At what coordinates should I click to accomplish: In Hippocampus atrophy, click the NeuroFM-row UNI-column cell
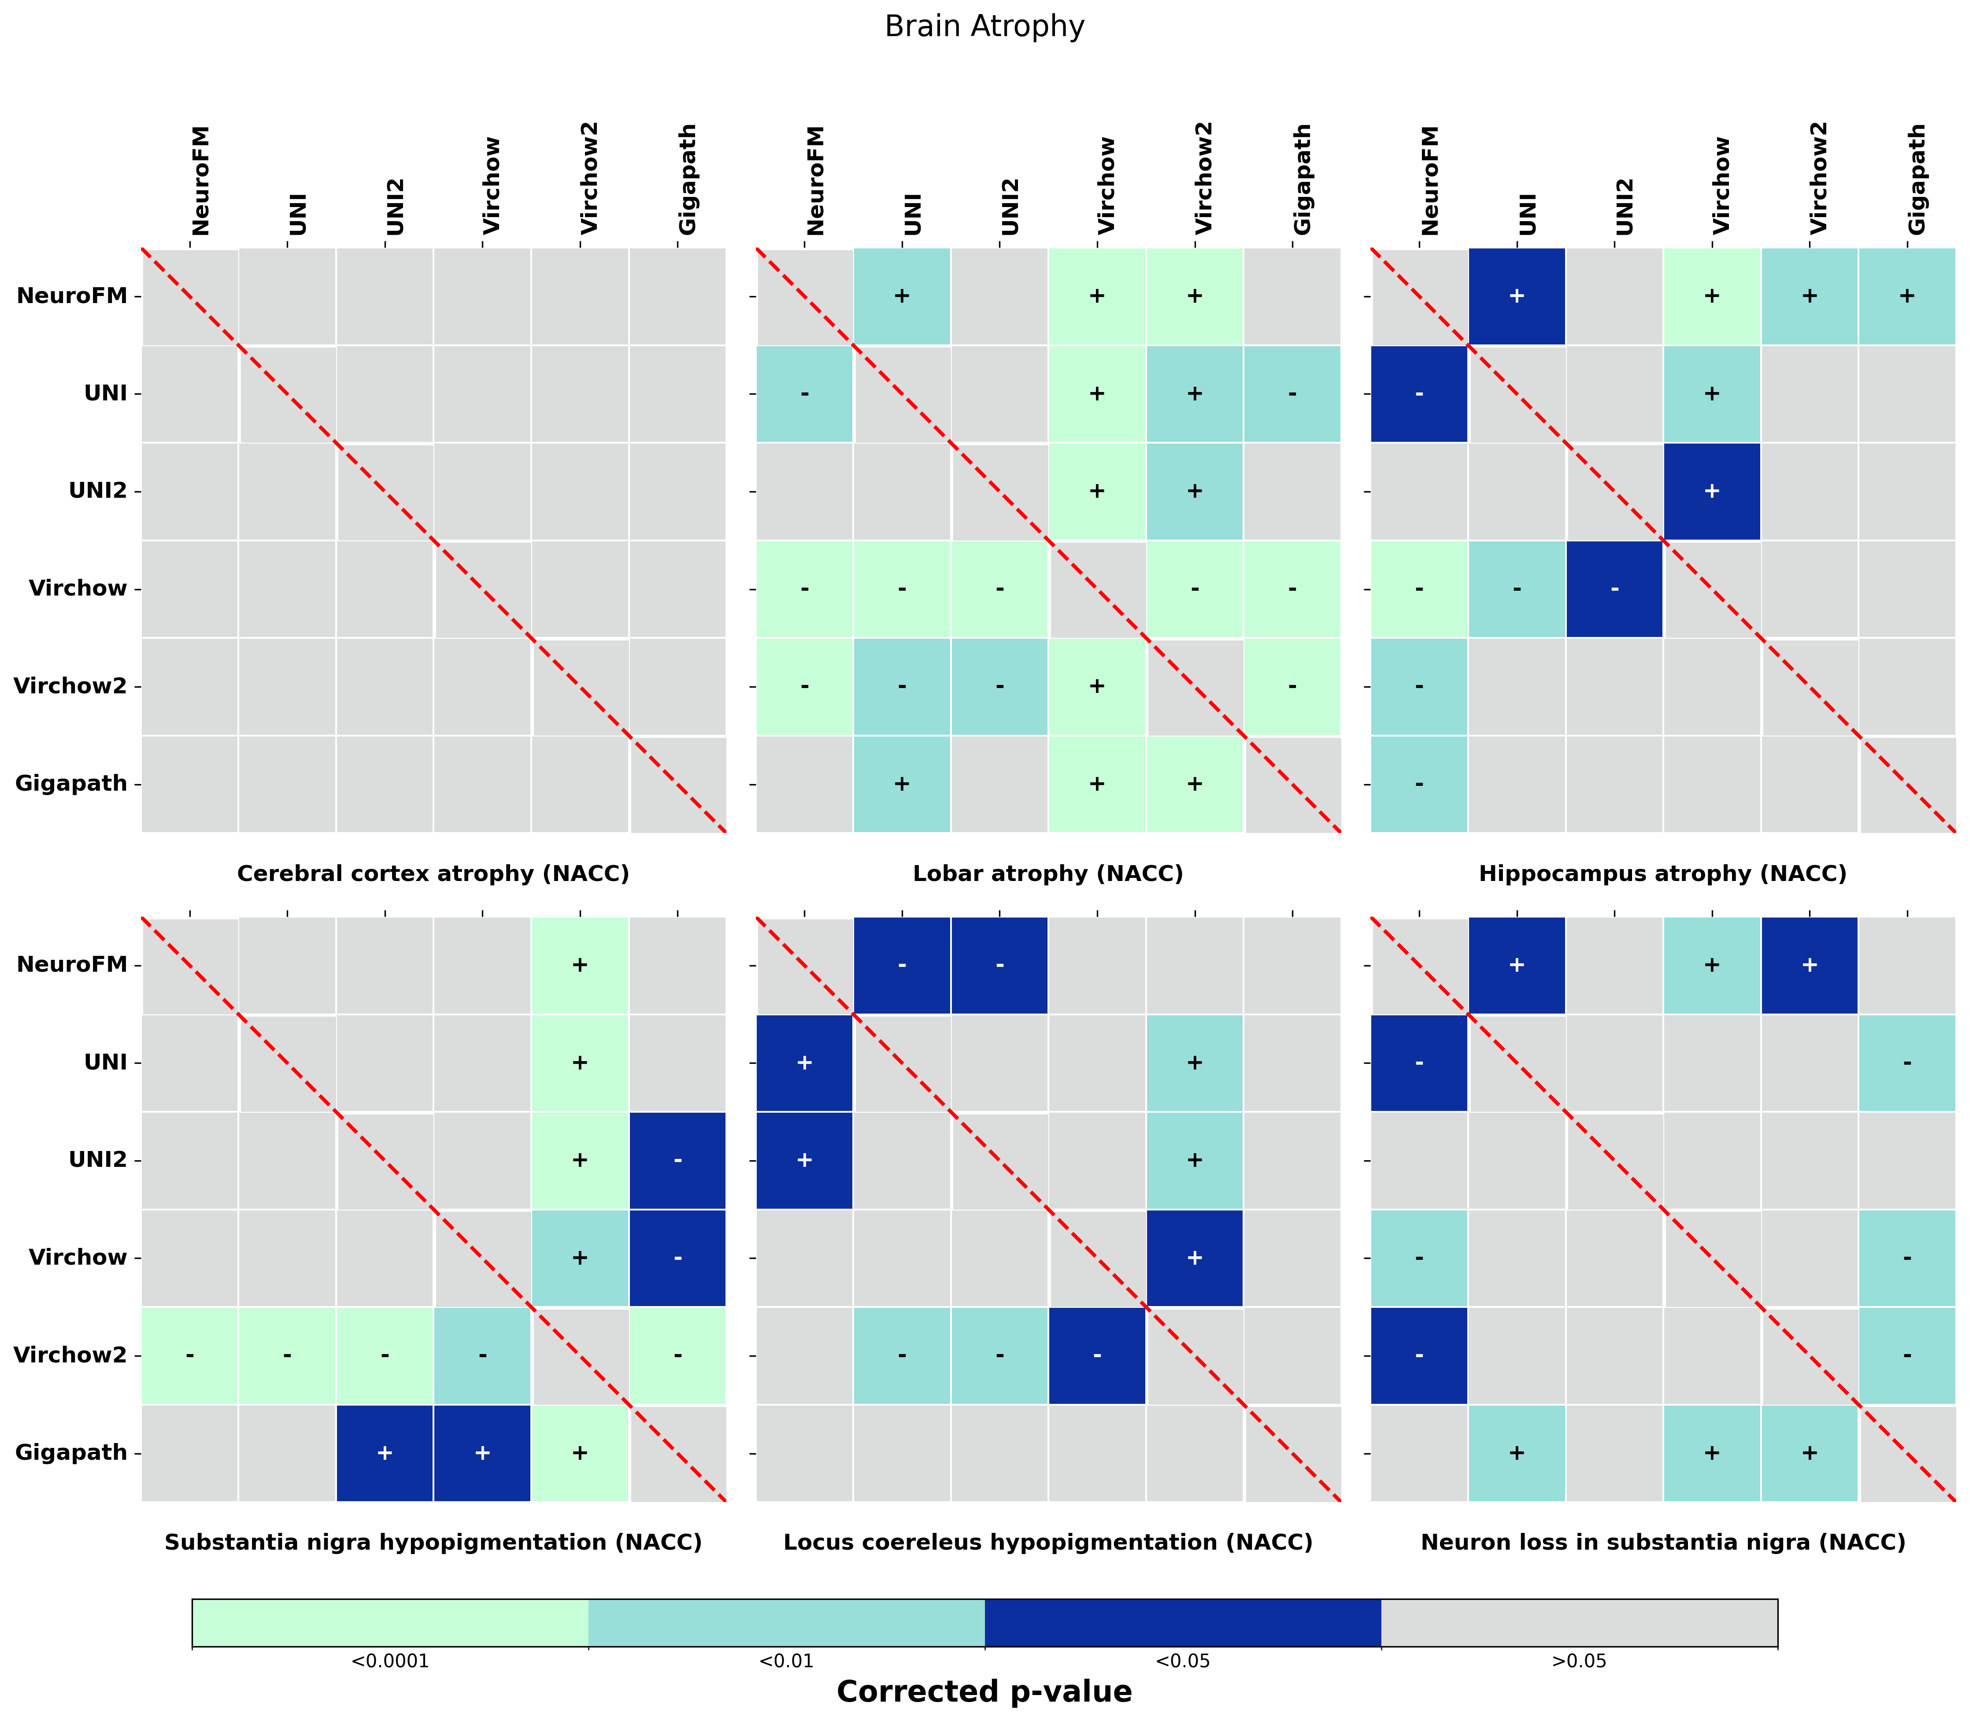pyautogui.click(x=1517, y=296)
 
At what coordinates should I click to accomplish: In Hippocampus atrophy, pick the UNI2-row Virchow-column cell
pyautogui.click(x=1712, y=491)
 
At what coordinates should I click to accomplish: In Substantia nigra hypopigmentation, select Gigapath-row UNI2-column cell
pyautogui.click(x=384, y=1452)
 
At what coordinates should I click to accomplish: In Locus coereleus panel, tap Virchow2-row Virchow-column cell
pyautogui.click(x=1097, y=1355)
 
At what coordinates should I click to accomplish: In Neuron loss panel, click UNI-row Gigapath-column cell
pyautogui.click(x=1906, y=1062)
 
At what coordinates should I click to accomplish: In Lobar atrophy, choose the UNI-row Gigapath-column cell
pyautogui.click(x=1292, y=394)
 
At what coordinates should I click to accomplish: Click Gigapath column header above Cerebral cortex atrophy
pyautogui.click(x=687, y=180)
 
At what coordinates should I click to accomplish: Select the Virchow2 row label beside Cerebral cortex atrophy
pyautogui.click(x=71, y=686)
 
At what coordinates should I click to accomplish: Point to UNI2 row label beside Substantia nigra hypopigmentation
pyautogui.click(x=98, y=1160)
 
